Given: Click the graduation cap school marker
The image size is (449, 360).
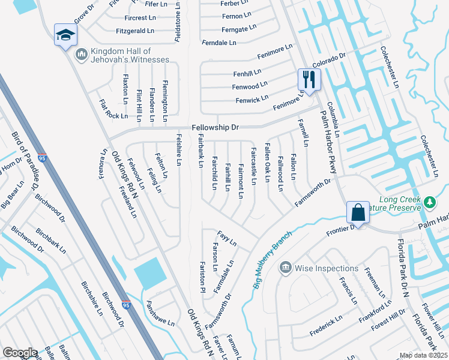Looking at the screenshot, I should coord(65,35).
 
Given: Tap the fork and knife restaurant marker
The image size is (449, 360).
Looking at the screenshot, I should coord(309,79).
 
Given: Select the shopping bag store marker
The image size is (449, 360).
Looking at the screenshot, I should coord(358,212).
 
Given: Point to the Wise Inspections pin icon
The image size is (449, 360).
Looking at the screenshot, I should coord(286,268).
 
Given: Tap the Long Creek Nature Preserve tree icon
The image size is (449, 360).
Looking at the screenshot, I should coord(430,202).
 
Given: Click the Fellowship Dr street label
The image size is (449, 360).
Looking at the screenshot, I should coord(215,128).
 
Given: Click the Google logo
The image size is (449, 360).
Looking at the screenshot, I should coord(20,352).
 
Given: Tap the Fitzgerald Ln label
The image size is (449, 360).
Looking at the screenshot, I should coord(135,31).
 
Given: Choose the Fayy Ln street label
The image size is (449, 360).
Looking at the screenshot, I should coord(227,238).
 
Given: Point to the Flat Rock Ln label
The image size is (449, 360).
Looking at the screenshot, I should coord(113,110).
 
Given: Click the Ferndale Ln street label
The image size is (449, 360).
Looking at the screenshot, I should coord(219,43).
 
